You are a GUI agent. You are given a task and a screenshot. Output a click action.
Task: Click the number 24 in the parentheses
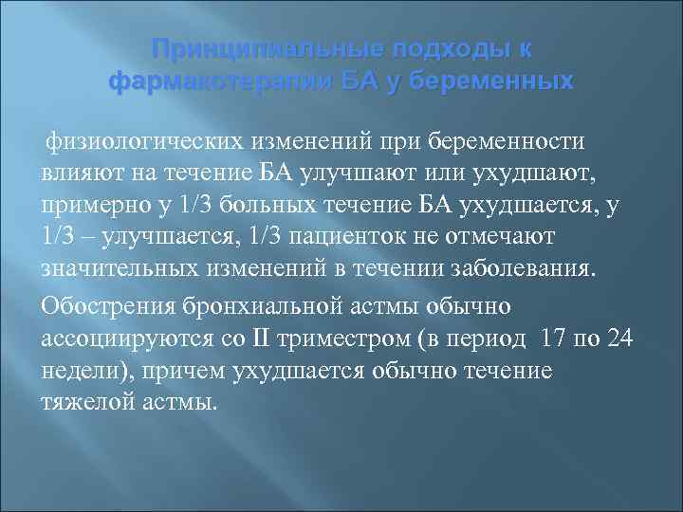click(620, 338)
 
